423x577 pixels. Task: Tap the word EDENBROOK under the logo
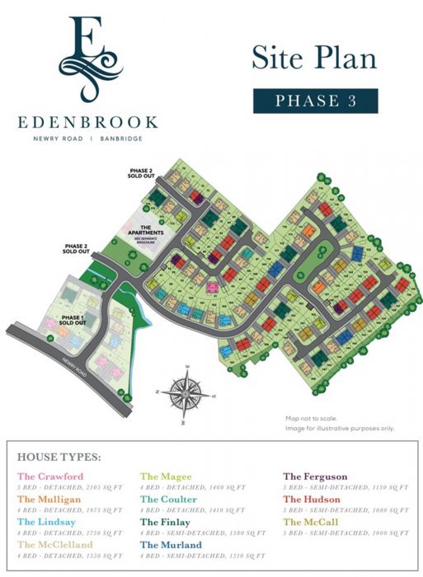pyautogui.click(x=87, y=122)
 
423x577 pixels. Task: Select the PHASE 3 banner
pyautogui.click(x=315, y=101)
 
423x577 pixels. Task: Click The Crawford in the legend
pyautogui.click(x=50, y=476)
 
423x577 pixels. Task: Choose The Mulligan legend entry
pyautogui.click(x=50, y=500)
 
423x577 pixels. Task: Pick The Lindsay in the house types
pyautogui.click(x=49, y=522)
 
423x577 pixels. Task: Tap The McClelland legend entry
pyautogui.click(x=55, y=545)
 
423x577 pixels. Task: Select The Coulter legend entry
pyautogui.click(x=168, y=500)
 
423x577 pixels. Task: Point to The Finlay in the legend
pyautogui.click(x=166, y=522)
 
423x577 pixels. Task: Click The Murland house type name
pyautogui.click(x=170, y=545)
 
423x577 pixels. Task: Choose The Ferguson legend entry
pyautogui.click(x=315, y=476)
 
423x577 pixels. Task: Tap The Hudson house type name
pyautogui.click(x=311, y=500)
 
